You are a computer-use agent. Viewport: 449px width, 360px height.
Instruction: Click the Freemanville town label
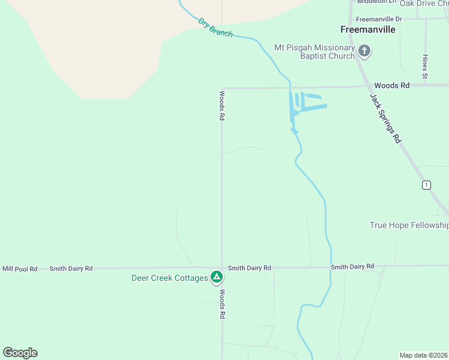click(x=367, y=29)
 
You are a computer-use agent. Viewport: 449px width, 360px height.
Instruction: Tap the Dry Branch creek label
click(x=215, y=28)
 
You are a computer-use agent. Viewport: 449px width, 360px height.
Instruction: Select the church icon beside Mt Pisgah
click(x=364, y=51)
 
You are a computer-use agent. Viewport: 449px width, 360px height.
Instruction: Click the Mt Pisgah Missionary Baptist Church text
click(x=315, y=52)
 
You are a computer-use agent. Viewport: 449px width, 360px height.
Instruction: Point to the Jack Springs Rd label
click(x=385, y=117)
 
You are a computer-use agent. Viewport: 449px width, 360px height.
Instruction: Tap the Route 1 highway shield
click(x=426, y=185)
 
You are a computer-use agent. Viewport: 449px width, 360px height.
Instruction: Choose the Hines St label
click(x=424, y=67)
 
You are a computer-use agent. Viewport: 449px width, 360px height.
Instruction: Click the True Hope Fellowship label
click(x=409, y=225)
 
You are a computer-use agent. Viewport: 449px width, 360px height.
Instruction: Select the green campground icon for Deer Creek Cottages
click(x=217, y=277)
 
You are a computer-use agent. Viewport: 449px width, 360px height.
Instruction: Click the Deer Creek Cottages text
click(x=169, y=278)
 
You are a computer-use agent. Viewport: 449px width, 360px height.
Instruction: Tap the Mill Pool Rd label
click(x=20, y=269)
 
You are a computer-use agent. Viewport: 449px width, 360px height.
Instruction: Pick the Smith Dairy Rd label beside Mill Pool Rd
click(x=71, y=269)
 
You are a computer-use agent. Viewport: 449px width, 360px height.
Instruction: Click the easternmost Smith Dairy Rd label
click(x=352, y=266)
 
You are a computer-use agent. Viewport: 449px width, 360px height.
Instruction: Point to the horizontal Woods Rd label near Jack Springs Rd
click(x=391, y=86)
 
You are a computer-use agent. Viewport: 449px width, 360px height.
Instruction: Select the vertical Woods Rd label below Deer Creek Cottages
click(x=221, y=304)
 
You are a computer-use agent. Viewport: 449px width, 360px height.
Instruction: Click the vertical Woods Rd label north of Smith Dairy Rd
click(x=221, y=106)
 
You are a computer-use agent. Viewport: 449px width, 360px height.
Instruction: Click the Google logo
click(x=20, y=353)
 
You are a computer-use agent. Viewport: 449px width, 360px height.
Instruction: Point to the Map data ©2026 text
click(x=424, y=355)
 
